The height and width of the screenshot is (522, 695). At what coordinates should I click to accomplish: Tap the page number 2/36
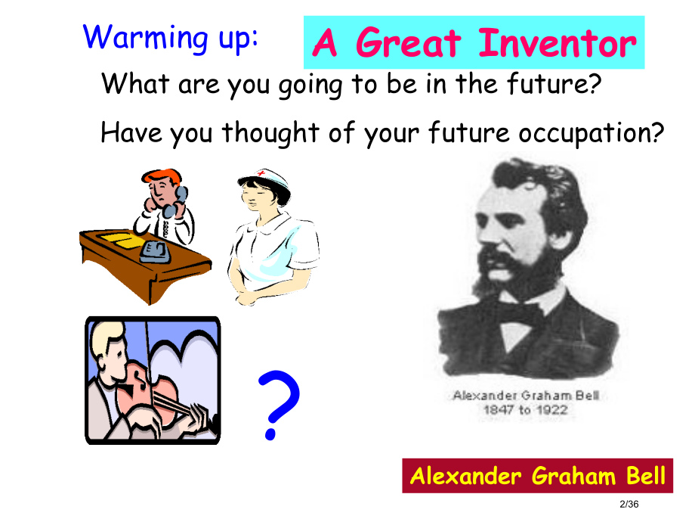tap(629, 505)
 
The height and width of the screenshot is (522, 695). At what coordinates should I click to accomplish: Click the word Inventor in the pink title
tap(558, 43)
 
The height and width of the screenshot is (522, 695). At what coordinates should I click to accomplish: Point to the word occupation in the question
tap(592, 133)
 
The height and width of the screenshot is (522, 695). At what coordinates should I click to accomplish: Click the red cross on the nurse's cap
tap(263, 172)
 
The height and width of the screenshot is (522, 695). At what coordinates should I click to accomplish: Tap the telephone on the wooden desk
tap(155, 252)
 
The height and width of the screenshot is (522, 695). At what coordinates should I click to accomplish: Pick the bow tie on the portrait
tap(518, 313)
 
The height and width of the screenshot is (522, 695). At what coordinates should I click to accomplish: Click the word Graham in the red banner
tap(573, 476)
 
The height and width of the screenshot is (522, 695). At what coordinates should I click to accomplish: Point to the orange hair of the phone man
tap(162, 176)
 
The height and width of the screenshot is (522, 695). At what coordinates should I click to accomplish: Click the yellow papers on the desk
tap(122, 240)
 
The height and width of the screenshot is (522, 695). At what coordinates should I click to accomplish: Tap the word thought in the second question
tap(270, 132)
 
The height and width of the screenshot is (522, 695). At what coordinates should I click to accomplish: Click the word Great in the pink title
tap(408, 43)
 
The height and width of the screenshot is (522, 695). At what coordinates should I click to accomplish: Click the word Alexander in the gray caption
tap(485, 395)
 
